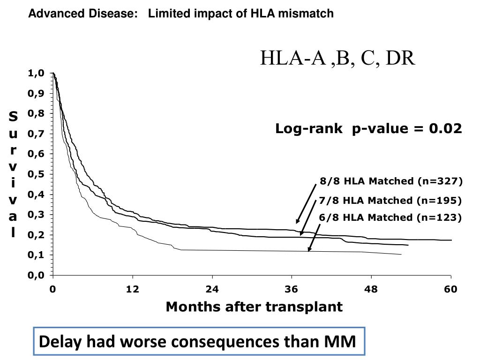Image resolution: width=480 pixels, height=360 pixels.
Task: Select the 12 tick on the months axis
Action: tap(133, 289)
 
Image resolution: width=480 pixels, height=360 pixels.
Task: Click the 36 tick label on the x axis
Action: tap(292, 289)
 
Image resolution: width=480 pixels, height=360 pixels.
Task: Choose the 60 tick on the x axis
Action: tap(450, 289)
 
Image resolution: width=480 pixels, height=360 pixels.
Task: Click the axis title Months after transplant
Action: tap(254, 307)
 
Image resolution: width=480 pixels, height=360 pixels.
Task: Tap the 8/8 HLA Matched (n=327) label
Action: tap(391, 181)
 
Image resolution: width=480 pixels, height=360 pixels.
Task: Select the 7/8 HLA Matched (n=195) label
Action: tap(390, 201)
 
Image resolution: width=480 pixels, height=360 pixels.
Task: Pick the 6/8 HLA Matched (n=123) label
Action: tap(390, 217)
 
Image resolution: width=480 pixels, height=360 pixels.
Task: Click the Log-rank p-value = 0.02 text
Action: tap(368, 128)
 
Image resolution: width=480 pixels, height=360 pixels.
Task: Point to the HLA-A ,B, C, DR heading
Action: tap(338, 59)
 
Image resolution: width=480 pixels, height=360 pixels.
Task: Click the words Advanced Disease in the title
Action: tap(80, 14)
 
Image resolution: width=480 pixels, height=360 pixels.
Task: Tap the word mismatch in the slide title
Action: tap(312, 14)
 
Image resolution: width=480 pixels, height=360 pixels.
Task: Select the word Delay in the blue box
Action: tap(54, 342)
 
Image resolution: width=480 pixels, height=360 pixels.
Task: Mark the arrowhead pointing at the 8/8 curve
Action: tap(297, 222)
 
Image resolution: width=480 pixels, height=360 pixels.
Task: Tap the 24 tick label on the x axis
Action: tap(212, 289)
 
